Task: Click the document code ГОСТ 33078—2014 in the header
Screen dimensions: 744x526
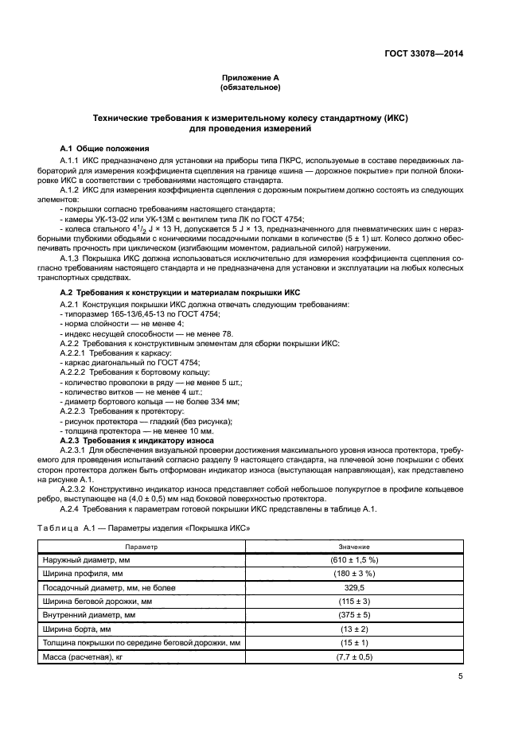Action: coord(421,54)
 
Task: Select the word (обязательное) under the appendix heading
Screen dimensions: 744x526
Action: coord(251,88)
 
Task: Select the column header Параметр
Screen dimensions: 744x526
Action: coord(142,547)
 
